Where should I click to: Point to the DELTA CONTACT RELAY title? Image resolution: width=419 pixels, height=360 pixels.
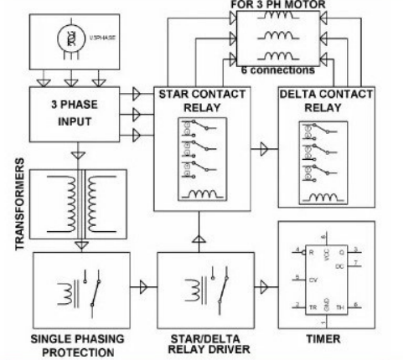323,102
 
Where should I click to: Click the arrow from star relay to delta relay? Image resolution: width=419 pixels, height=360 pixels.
264,149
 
